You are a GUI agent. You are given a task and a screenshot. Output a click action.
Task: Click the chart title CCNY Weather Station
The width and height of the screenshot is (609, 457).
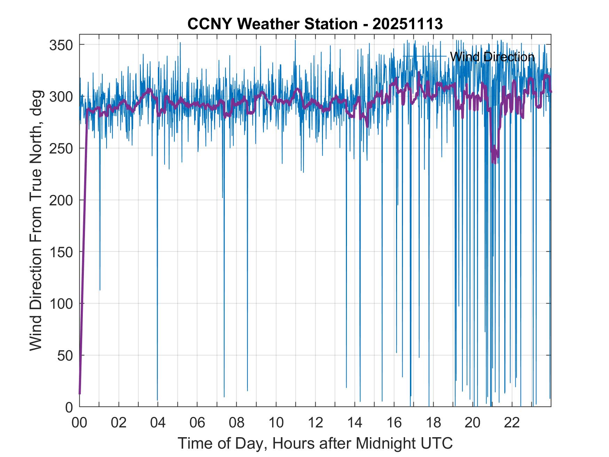point(315,24)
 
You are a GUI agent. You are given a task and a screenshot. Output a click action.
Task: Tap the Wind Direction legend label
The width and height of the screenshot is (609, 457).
point(492,57)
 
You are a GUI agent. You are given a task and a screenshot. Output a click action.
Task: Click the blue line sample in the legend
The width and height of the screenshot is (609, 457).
point(425,56)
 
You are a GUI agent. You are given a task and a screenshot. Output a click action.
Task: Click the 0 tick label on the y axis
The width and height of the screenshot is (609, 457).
point(69,407)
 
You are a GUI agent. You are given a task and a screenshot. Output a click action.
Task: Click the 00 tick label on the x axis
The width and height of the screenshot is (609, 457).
point(80,423)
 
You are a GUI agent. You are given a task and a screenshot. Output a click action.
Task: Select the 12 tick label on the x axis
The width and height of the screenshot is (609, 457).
point(315,423)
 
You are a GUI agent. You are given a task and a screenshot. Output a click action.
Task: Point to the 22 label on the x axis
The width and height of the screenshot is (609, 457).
point(512,423)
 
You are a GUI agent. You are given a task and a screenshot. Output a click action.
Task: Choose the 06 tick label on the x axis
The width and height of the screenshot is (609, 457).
point(197,423)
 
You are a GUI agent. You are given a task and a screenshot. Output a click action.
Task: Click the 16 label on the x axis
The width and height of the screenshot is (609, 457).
point(394,423)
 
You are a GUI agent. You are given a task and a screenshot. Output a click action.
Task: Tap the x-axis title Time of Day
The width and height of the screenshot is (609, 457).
point(315,443)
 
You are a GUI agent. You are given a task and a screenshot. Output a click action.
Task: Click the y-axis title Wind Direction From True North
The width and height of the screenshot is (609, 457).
point(36,220)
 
